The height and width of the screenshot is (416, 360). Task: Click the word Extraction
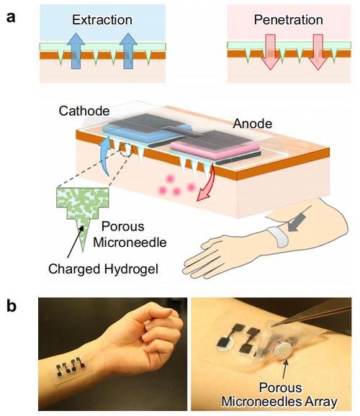(102, 20)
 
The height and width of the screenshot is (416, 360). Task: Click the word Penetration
(288, 20)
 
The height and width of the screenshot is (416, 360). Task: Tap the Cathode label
(84, 111)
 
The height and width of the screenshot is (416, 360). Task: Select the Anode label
(253, 124)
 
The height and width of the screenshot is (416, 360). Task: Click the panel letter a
(11, 18)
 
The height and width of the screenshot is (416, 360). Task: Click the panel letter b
(12, 306)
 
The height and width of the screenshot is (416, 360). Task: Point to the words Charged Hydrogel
(103, 269)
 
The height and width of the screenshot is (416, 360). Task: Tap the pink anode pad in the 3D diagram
(214, 148)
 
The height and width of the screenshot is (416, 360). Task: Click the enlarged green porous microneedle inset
(83, 209)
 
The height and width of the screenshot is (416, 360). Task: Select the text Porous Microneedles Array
(279, 394)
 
